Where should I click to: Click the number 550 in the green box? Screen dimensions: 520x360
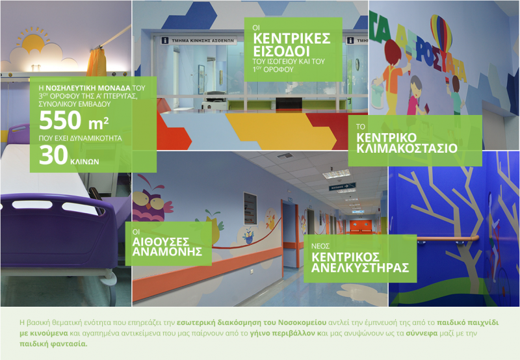(x=60, y=120)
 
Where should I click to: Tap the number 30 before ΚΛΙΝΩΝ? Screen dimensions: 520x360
(x=53, y=155)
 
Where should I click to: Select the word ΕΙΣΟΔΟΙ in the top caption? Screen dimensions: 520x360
(x=281, y=51)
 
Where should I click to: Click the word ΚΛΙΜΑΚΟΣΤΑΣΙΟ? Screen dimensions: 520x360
(x=407, y=148)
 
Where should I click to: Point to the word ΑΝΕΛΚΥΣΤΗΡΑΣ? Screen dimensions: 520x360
(x=360, y=268)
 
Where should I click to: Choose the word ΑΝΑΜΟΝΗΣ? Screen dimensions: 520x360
(x=167, y=251)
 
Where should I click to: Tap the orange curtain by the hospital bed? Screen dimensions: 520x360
(x=96, y=63)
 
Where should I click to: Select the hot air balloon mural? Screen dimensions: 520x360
(x=441, y=31)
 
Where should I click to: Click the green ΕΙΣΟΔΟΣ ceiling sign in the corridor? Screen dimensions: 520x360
(x=342, y=186)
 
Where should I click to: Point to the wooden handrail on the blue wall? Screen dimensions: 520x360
(x=447, y=238)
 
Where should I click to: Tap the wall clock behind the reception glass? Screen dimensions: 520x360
(x=357, y=64)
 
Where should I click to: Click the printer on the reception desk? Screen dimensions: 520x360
(x=216, y=97)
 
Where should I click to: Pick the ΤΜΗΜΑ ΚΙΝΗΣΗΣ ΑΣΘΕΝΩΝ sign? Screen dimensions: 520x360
(x=199, y=41)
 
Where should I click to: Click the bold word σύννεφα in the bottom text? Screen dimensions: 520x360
(x=422, y=333)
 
